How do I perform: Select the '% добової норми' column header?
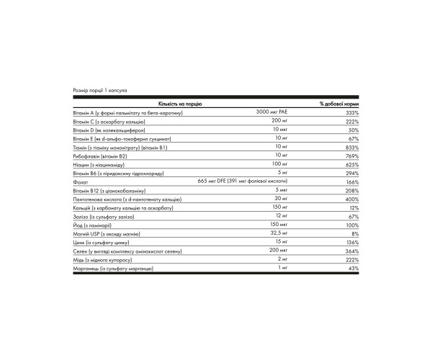tap(339, 104)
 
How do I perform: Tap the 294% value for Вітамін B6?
tap(352, 174)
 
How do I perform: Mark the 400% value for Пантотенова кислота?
tap(352, 199)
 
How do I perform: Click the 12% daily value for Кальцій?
tap(354, 208)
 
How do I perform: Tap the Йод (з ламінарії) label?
tap(97, 225)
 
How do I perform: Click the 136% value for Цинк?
tap(352, 243)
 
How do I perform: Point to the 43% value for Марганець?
tap(353, 269)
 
